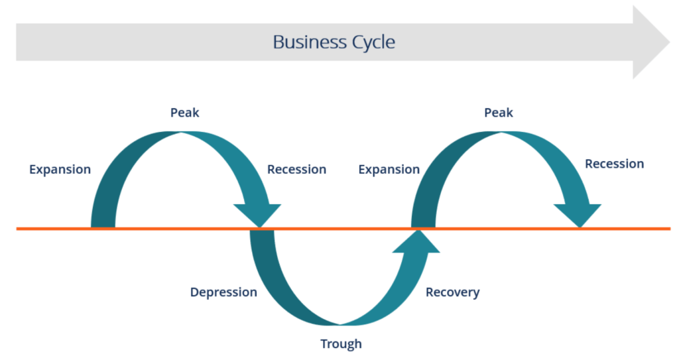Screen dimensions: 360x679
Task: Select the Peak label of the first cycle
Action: click(x=184, y=113)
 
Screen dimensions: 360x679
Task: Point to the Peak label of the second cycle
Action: click(x=499, y=113)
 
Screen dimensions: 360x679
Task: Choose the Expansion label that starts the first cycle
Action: click(x=60, y=170)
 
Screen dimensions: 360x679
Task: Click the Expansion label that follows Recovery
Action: click(x=389, y=170)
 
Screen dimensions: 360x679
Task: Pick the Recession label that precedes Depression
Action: click(x=296, y=170)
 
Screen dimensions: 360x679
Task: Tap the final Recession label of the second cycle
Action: click(x=614, y=164)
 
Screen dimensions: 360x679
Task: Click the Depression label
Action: click(x=223, y=292)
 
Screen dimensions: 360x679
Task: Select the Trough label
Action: click(x=341, y=343)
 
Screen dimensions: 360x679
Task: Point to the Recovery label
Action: click(x=452, y=292)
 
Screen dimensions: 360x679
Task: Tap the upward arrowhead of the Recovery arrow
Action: click(x=416, y=242)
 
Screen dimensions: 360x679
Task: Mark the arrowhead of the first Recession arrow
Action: click(x=258, y=215)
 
